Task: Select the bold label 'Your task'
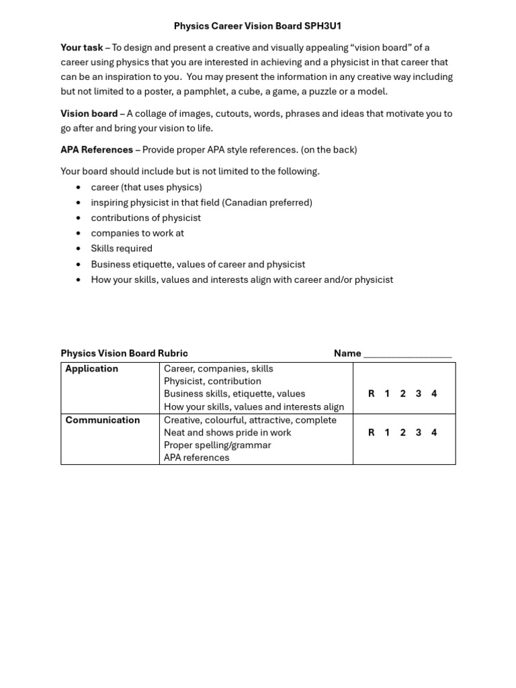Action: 81,48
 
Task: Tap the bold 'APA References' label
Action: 97,150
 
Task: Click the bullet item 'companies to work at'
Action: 137,233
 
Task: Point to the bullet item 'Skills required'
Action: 122,249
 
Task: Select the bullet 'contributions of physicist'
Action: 146,218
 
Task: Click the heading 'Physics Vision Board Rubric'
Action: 124,353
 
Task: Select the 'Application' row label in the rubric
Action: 91,369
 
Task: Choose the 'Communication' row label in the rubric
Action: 102,420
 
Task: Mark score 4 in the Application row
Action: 434,394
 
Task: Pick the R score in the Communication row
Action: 371,433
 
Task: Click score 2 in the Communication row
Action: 402,433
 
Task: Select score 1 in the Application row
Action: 387,394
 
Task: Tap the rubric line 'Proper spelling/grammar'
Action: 217,445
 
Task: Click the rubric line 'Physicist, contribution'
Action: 212,381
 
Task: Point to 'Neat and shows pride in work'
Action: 227,433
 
